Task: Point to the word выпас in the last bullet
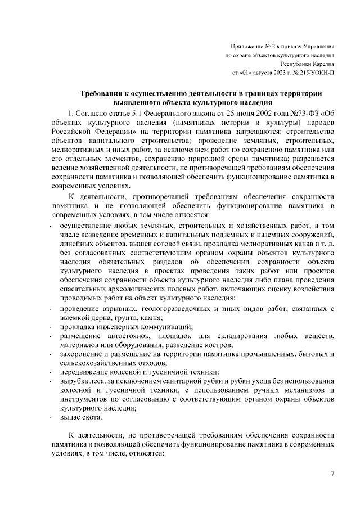click(x=71, y=418)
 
